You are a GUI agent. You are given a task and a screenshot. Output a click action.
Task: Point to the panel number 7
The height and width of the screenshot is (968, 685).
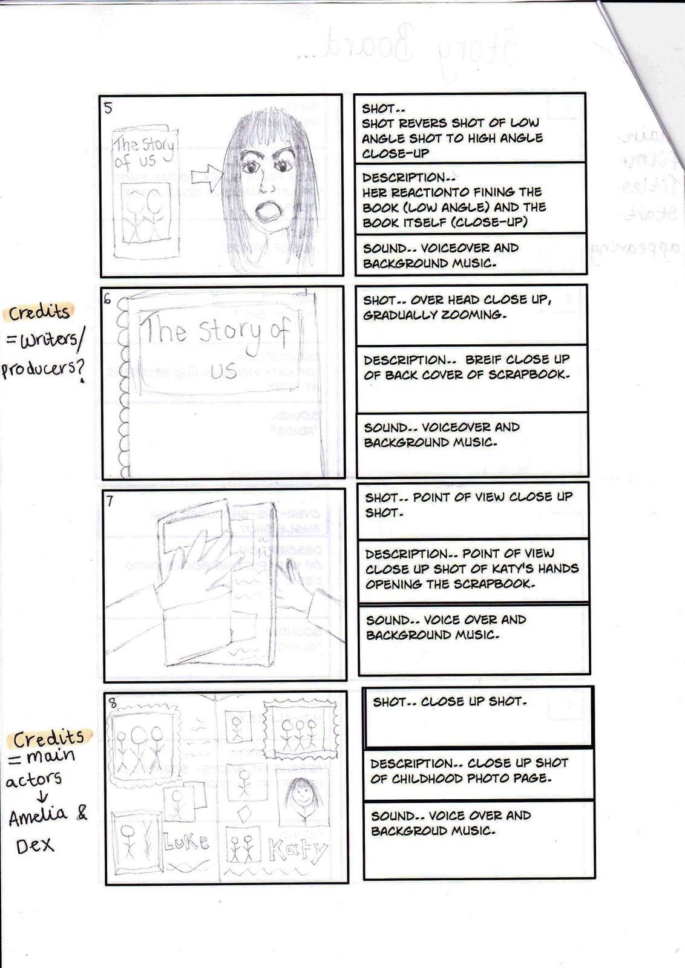point(110,502)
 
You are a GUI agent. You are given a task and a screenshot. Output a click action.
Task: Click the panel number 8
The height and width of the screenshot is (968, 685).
point(112,703)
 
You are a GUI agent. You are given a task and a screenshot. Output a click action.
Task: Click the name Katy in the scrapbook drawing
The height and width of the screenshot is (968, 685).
point(297,850)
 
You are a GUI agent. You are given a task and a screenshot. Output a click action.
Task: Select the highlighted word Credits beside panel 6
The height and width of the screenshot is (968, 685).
point(39,312)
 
